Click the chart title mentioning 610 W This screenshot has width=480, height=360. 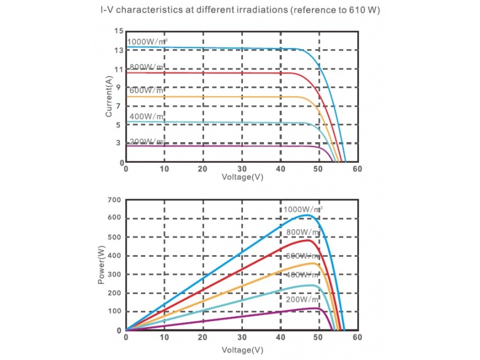(x=240, y=11)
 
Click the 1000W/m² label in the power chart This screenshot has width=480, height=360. (x=303, y=209)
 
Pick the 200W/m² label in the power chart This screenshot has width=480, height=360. (x=302, y=299)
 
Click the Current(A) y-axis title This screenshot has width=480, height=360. (x=109, y=96)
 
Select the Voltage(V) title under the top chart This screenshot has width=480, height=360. (x=242, y=177)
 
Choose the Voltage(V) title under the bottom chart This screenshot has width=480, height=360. (x=242, y=349)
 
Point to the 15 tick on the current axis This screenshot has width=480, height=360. (x=119, y=31)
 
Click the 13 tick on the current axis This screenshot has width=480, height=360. (x=119, y=50)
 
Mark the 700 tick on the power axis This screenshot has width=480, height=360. (x=115, y=200)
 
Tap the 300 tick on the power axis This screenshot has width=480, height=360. (x=115, y=274)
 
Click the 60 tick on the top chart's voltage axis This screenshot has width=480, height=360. (x=357, y=169)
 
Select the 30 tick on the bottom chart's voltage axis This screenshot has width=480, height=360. (x=242, y=337)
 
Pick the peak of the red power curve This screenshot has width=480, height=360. (x=308, y=240)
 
